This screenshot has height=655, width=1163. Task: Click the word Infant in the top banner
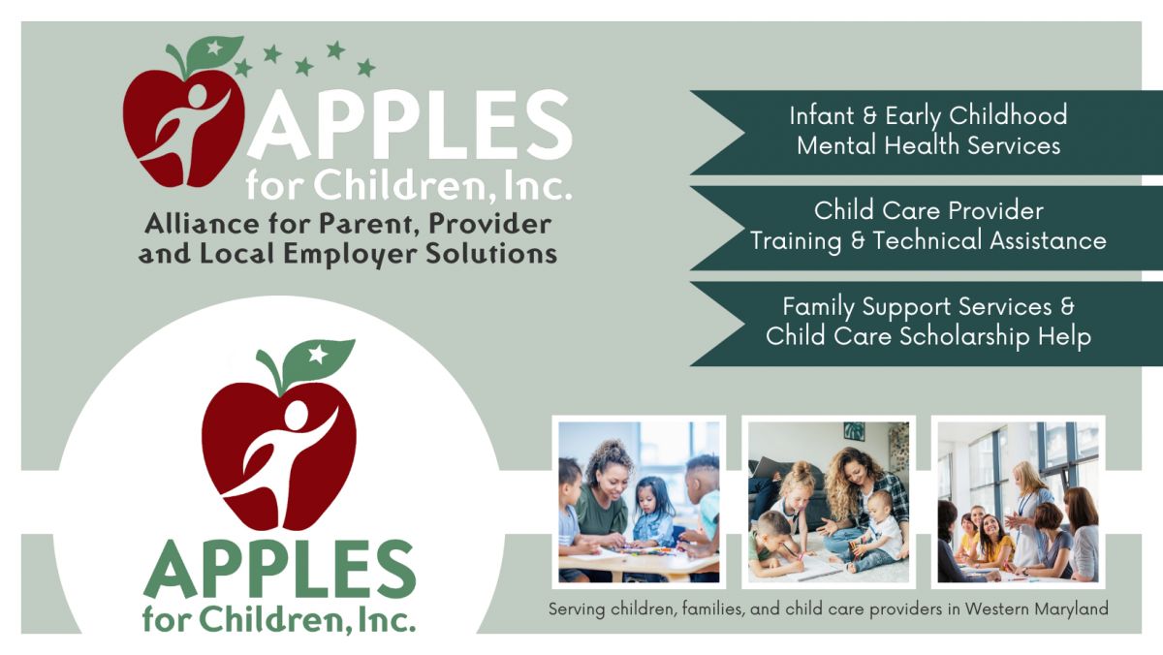pyautogui.click(x=822, y=115)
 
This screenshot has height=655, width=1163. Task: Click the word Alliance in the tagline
pyautogui.click(x=203, y=224)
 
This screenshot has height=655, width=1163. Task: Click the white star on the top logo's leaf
pyautogui.click(x=214, y=48)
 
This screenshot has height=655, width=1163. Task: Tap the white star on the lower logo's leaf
pyautogui.click(x=318, y=355)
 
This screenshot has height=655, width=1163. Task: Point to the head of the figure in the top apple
pyautogui.click(x=198, y=96)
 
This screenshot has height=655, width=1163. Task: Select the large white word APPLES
pyautogui.click(x=410, y=125)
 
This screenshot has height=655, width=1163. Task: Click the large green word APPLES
pyautogui.click(x=280, y=570)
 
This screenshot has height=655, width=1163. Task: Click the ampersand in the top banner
pyautogui.click(x=869, y=115)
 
